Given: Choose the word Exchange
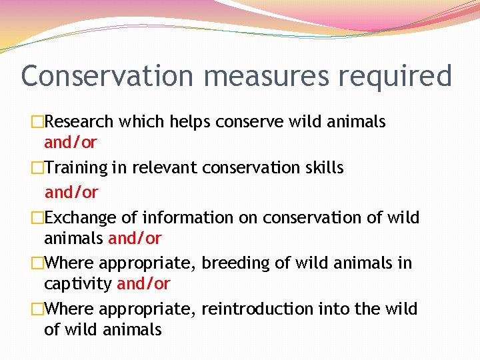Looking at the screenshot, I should pos(80,218).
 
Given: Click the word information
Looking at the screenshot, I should pos(187,218).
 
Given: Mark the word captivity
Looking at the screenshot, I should pos(77,284).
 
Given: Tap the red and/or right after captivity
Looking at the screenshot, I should pos(143,284).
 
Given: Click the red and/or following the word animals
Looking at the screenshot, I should pos(135,238).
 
